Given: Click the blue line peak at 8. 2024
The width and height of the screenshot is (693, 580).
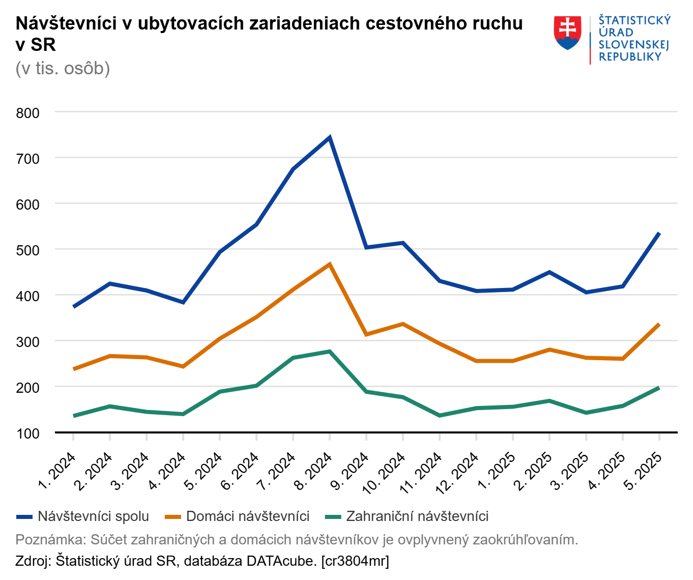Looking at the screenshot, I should coord(330,137).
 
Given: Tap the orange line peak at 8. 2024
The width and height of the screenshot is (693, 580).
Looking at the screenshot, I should coord(330,264).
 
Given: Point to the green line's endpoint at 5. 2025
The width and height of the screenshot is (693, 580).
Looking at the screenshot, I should coord(659,388).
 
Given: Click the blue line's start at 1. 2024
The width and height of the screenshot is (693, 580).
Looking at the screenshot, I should coord(74,307).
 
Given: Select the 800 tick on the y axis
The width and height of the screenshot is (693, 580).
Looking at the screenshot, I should coord(28,113).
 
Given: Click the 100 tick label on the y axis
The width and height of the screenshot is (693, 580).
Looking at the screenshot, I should coord(28,433).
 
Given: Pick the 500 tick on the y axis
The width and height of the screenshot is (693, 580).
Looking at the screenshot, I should coord(28,250).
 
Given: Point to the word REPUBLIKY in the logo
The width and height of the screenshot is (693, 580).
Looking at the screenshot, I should coord(630,57).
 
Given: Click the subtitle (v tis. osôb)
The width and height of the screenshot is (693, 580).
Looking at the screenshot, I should coord(63,68).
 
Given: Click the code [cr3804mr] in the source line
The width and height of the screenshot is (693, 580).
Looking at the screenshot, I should coord(355,561).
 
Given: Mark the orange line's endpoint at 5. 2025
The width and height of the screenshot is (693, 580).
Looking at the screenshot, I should coord(659,324).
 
